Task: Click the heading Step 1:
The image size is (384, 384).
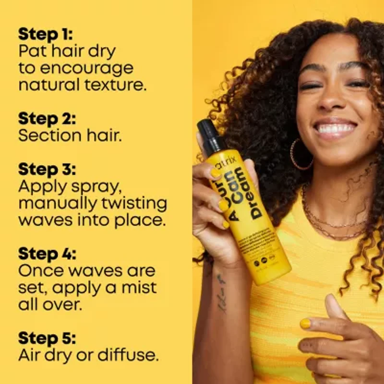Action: coord(46,34)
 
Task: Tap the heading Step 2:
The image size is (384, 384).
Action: coord(47,119)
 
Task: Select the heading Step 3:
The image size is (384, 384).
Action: coord(47,169)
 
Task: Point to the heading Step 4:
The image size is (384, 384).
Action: coord(47,253)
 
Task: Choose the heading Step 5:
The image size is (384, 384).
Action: coord(47,338)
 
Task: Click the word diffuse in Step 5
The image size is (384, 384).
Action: coord(128,355)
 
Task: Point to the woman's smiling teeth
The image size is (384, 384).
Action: coord(336,129)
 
